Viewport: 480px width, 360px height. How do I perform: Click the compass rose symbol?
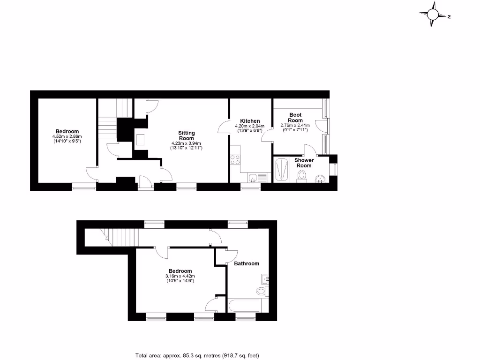[x=432, y=15]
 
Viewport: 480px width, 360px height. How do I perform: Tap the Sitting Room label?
[x=186, y=135]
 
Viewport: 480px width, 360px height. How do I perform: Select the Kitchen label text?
[x=250, y=121]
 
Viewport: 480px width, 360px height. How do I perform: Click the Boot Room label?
[x=295, y=118]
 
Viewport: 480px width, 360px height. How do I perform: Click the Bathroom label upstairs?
[x=247, y=263]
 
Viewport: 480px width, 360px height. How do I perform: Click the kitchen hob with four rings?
[x=235, y=159]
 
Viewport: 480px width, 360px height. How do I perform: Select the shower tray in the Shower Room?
[x=283, y=170]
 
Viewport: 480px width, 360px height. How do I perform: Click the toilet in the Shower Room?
[x=302, y=176]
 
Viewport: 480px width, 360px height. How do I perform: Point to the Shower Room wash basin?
[x=320, y=178]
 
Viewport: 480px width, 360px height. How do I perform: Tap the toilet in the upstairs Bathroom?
[x=261, y=291]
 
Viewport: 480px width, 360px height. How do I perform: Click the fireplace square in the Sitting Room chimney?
[x=140, y=139]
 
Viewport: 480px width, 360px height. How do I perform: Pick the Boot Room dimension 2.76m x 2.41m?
[x=295, y=127]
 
